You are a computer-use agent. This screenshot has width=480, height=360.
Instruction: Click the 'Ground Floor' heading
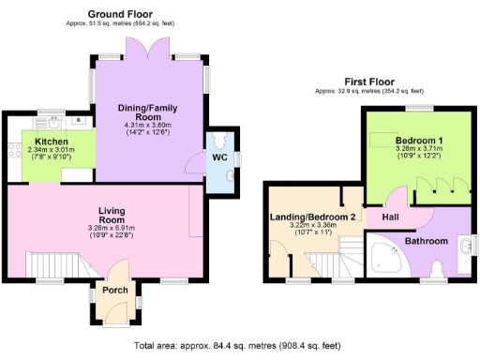120,13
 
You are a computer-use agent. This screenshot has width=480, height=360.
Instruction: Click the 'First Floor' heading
368,82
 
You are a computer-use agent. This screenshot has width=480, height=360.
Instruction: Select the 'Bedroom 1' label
406,139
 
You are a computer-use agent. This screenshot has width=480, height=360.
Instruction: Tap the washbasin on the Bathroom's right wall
465,247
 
